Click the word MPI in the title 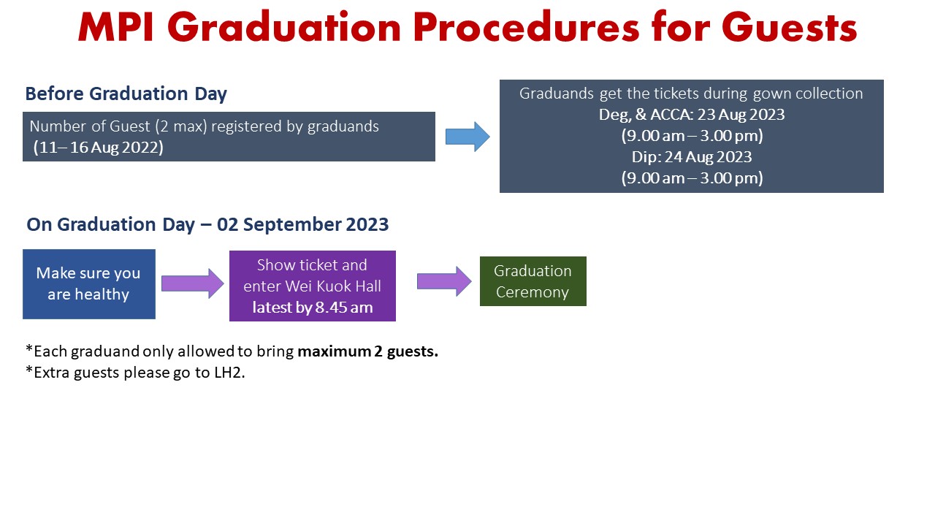point(116,28)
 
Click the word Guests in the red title point(790,28)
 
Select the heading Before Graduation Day point(126,94)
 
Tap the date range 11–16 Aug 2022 point(99,148)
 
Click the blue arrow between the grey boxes point(467,137)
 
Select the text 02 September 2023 point(302,224)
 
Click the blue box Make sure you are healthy point(89,284)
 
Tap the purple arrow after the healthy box point(192,283)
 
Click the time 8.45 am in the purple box point(344,308)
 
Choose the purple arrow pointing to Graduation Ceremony point(444,281)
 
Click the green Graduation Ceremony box point(533,281)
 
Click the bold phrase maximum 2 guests point(367,351)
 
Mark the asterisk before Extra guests point(29,370)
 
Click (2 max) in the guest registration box point(181,126)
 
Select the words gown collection point(808,94)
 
